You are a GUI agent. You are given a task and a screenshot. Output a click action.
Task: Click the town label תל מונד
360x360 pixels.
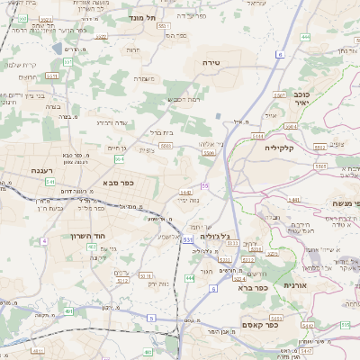coord(144,17)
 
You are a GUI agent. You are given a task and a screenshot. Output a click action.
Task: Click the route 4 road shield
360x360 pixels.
coord(43,241)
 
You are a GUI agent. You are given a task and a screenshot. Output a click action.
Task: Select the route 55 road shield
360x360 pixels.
coord(205,185)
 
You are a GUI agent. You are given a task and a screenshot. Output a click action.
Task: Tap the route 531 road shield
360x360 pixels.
coord(187,240)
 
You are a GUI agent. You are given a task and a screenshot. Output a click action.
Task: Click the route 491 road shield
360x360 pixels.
coord(68,311)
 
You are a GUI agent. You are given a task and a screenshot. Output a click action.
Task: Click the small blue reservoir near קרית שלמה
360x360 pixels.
coord(58,49)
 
